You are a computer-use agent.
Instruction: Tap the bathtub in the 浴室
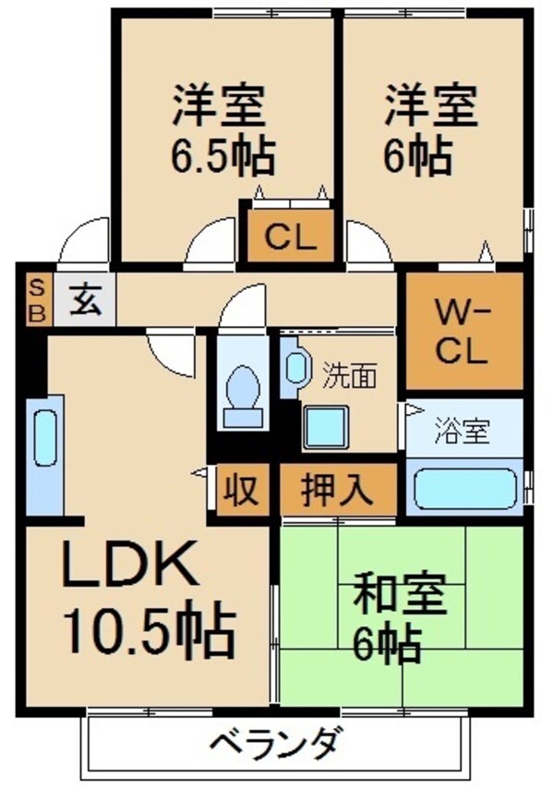(x=464, y=488)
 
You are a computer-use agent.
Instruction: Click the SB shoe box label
(x=38, y=299)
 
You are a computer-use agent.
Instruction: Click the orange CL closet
(x=291, y=237)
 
